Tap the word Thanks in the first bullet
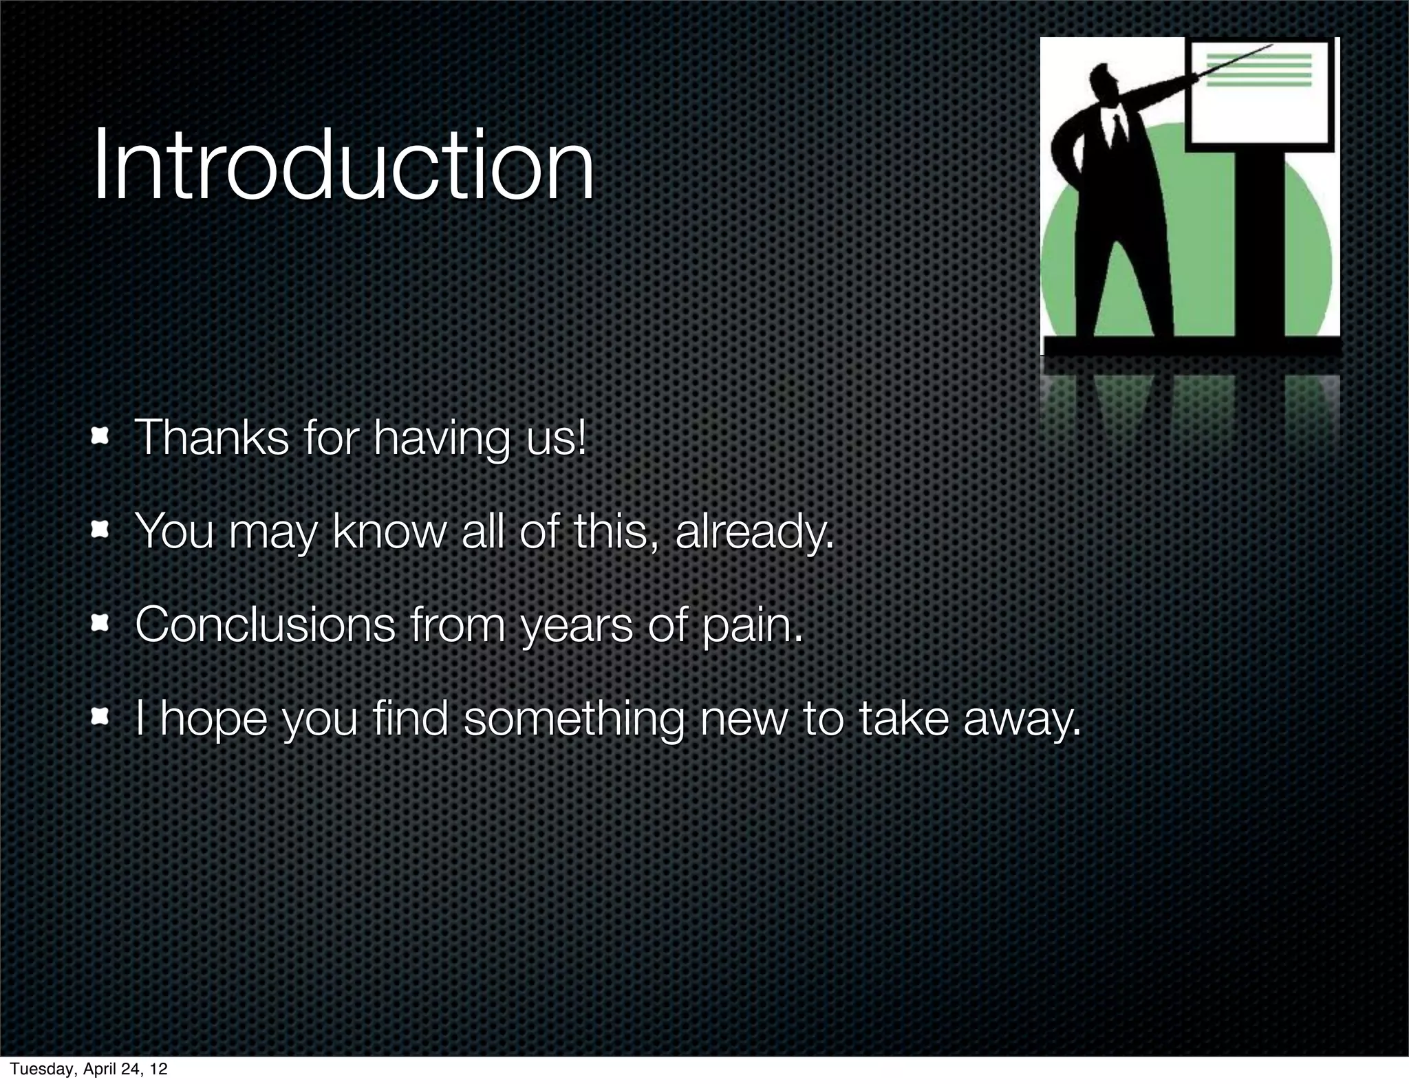211,437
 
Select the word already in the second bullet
754,532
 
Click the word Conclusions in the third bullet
265,625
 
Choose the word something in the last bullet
574,720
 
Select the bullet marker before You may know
100,530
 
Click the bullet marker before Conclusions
100,624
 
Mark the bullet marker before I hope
100,717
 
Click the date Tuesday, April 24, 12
89,1068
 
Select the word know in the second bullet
389,532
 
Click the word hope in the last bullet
213,720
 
